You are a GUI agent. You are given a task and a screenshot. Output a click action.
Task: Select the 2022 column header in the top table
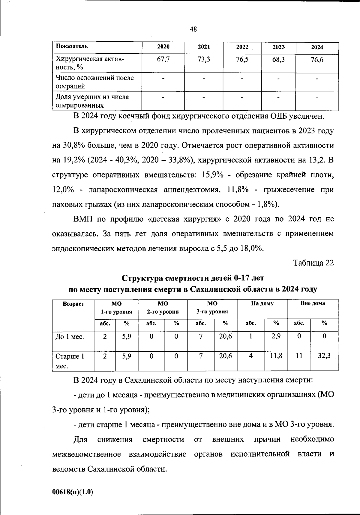[x=242, y=47]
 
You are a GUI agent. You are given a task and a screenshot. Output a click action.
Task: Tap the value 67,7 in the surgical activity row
[x=163, y=59]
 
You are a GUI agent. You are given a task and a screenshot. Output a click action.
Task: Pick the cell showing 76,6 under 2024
[x=317, y=60]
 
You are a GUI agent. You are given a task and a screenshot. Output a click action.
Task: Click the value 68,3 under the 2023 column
[x=278, y=60]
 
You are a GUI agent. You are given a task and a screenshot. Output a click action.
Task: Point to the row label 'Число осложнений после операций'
[x=94, y=82]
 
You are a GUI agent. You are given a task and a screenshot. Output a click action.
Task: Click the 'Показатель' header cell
[x=72, y=46]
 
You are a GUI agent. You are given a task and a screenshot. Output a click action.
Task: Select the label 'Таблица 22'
[x=313, y=263]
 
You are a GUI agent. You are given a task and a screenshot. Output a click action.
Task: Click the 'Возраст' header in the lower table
[x=73, y=304]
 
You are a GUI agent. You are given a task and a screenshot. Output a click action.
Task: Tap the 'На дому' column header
[x=262, y=303]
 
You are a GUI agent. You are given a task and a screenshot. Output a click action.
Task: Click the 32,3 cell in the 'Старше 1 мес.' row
[x=324, y=356]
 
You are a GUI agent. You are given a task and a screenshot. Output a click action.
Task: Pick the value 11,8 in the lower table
[x=276, y=356]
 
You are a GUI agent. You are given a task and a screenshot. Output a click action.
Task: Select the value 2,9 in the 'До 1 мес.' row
[x=276, y=336]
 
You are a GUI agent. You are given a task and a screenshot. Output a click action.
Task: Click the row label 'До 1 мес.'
[x=70, y=337]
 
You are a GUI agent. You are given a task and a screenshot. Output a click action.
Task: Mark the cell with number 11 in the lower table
[x=299, y=356]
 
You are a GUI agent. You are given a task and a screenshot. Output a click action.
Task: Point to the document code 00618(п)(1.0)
[x=73, y=492]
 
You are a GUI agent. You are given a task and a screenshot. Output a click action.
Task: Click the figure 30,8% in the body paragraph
[x=73, y=145]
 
